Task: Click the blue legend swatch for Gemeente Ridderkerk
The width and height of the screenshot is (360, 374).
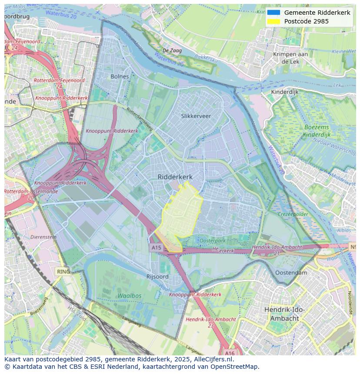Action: tap(273, 13)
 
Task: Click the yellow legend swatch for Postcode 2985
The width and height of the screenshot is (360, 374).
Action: tap(273, 21)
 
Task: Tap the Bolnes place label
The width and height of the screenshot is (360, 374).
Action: tap(120, 76)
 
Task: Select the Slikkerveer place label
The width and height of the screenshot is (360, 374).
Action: tap(196, 116)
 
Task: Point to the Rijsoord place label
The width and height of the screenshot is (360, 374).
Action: tap(157, 276)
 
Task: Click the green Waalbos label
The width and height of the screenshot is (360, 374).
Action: tap(129, 295)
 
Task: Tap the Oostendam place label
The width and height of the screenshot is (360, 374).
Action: tap(291, 272)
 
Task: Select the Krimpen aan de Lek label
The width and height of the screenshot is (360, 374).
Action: tap(290, 58)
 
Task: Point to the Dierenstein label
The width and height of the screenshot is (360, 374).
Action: tap(43, 237)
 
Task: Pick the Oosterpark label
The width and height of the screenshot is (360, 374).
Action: tap(212, 240)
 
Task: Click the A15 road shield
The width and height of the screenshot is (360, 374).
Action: tap(156, 248)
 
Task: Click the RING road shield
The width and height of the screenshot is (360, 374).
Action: tap(63, 271)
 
